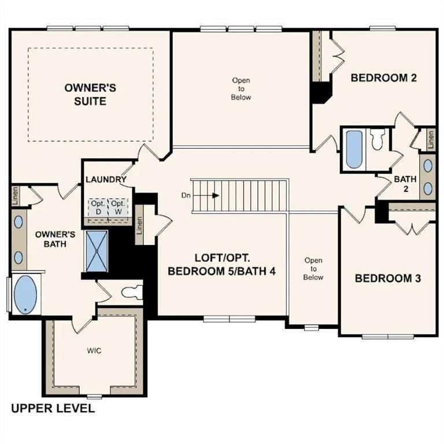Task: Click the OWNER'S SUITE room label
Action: [90, 94]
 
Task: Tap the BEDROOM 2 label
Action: [384, 78]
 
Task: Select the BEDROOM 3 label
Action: [387, 278]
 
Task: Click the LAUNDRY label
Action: [106, 179]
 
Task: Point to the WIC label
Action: [94, 351]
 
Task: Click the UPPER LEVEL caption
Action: [53, 409]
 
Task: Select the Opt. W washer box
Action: [118, 208]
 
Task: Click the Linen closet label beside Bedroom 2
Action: [431, 139]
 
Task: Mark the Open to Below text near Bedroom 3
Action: [313, 269]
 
